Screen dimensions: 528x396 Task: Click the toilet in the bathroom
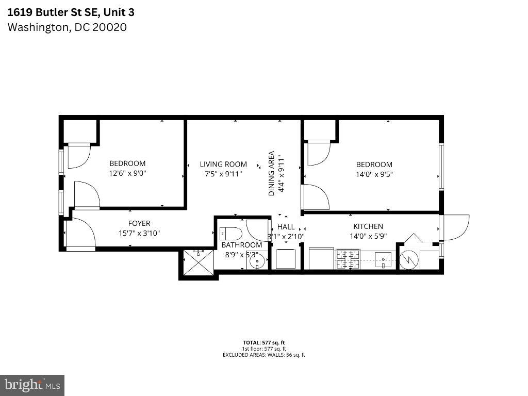tap(230, 234)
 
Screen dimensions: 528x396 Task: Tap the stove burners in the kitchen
tap(348, 259)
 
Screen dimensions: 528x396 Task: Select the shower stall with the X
tap(198, 263)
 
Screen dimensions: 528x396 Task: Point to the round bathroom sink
tap(257, 261)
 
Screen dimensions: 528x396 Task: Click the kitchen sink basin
tap(383, 260)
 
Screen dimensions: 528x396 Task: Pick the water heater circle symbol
tap(409, 260)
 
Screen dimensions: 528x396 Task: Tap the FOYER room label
tap(139, 223)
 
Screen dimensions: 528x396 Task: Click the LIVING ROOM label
tap(223, 164)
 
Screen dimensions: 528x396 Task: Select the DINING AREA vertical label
tap(271, 173)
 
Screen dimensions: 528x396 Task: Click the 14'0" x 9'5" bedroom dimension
tap(374, 174)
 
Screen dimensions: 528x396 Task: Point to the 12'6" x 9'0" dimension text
tap(127, 173)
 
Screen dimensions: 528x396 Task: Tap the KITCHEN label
tap(368, 226)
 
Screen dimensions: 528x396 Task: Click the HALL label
tap(286, 227)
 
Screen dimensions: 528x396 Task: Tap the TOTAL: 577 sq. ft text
tap(264, 343)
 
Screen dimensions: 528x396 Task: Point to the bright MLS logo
tap(32, 385)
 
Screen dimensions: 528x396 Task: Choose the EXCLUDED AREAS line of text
tap(264, 355)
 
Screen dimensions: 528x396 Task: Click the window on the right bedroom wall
tap(441, 167)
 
